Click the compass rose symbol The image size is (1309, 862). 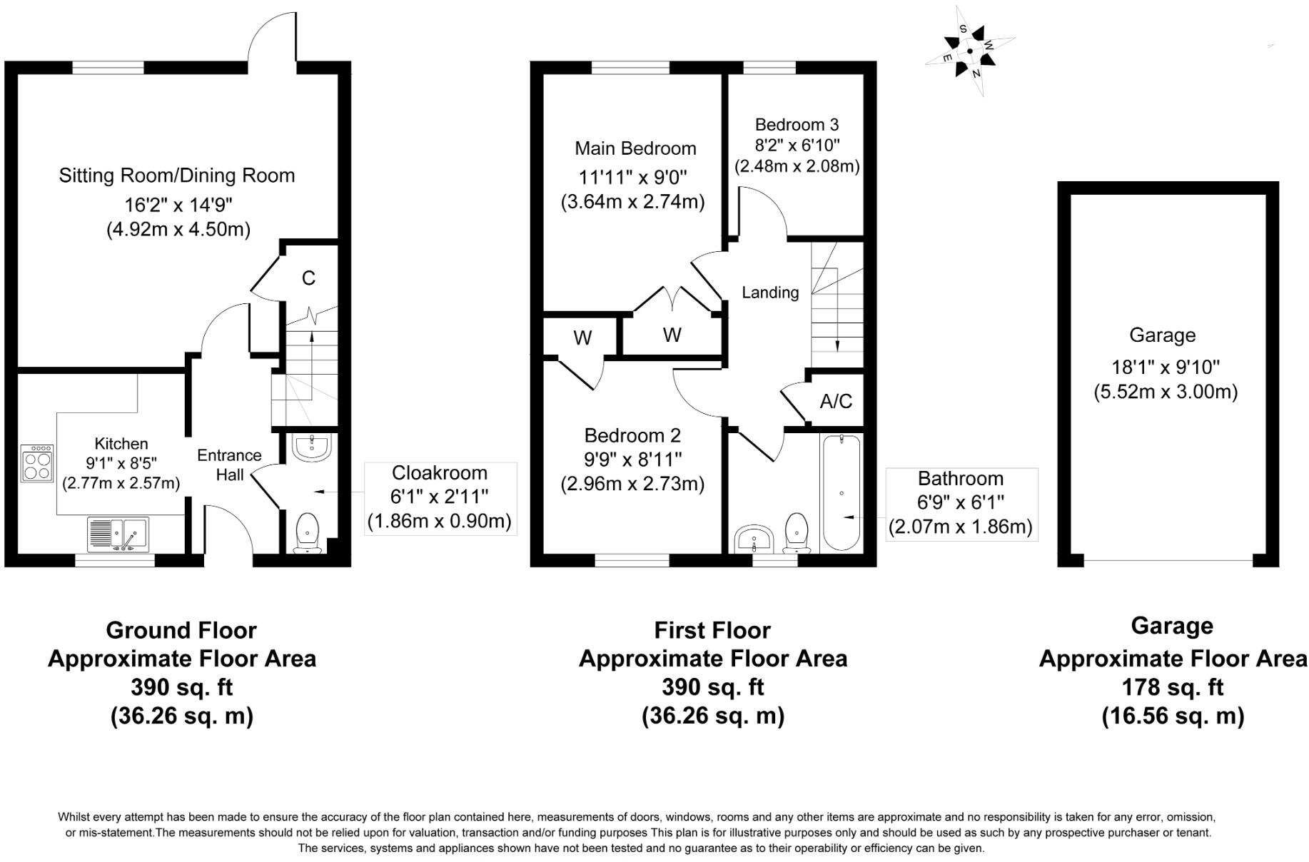pyautogui.click(x=970, y=51)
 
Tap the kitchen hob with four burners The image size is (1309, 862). pyautogui.click(x=37, y=463)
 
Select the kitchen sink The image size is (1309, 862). pyautogui.click(x=118, y=534)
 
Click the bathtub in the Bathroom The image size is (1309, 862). pyautogui.click(x=842, y=492)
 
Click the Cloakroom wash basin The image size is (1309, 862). pyautogui.click(x=312, y=447)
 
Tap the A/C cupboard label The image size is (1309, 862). pyautogui.click(x=836, y=401)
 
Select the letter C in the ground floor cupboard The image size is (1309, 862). pyautogui.click(x=308, y=278)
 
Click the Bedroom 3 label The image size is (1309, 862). pyautogui.click(x=797, y=125)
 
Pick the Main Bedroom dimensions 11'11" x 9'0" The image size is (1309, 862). pyautogui.click(x=633, y=177)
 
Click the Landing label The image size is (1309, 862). pyautogui.click(x=770, y=293)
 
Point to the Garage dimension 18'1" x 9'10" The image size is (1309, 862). pyautogui.click(x=1166, y=367)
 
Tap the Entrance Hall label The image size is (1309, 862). pyautogui.click(x=229, y=465)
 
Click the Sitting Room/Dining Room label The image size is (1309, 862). pyautogui.click(x=177, y=176)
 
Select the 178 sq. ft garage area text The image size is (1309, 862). pyautogui.click(x=1172, y=687)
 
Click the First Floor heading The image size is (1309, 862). pyautogui.click(x=712, y=630)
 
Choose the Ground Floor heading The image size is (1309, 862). pyautogui.click(x=181, y=630)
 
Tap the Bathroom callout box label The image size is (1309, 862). pyautogui.click(x=960, y=479)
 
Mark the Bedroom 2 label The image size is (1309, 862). pyautogui.click(x=632, y=435)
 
